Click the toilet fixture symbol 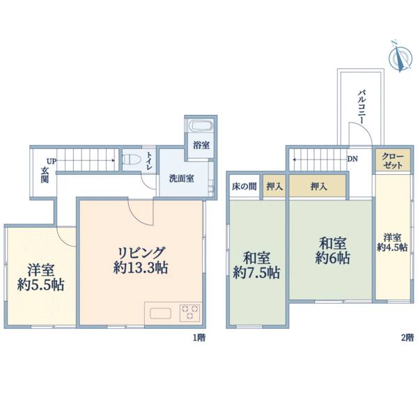132,160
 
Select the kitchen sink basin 160,313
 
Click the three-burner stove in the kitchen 189,313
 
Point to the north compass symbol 400,57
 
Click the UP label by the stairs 52,162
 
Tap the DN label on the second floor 353,159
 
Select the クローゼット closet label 393,161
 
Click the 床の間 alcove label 245,186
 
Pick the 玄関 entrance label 45,175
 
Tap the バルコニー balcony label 362,107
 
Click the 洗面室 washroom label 182,178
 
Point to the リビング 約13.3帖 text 141,260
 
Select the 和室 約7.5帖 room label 256,265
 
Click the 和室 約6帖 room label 333,251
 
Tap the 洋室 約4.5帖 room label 392,242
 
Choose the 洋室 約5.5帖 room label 40,277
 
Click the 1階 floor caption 199,338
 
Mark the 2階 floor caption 408,338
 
